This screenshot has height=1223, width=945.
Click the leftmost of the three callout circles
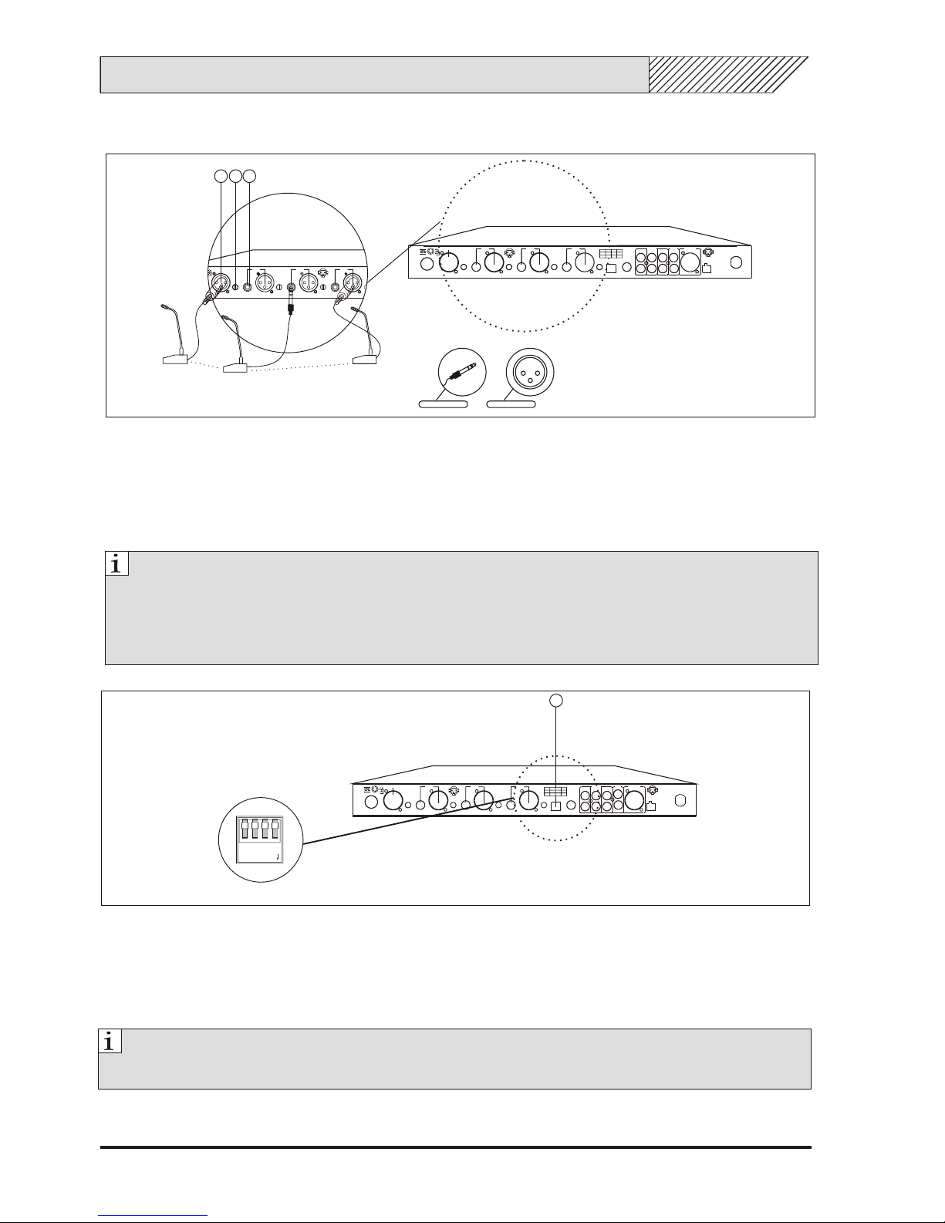pyautogui.click(x=221, y=176)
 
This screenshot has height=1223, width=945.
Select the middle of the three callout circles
pyautogui.click(x=236, y=176)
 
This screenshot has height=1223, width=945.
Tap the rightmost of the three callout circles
pyautogui.click(x=250, y=176)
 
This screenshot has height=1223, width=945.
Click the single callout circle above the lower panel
pyautogui.click(x=555, y=700)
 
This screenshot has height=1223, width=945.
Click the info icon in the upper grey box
pyautogui.click(x=117, y=563)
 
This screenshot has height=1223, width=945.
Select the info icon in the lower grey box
pyautogui.click(x=110, y=1041)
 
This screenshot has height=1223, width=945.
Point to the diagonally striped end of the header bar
pyautogui.click(x=728, y=74)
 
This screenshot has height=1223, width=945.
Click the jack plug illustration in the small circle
pyautogui.click(x=462, y=372)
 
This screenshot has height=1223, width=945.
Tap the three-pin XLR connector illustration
pyautogui.click(x=530, y=372)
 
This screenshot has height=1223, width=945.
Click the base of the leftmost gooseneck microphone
pyautogui.click(x=175, y=359)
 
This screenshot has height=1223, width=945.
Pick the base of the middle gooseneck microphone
pyautogui.click(x=236, y=368)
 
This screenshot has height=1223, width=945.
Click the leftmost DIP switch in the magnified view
pyautogui.click(x=245, y=829)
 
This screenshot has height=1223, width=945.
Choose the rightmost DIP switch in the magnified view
pyautogui.click(x=275, y=829)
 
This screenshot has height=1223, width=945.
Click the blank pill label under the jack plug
pyautogui.click(x=444, y=404)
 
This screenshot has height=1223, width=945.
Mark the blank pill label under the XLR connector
pyautogui.click(x=511, y=404)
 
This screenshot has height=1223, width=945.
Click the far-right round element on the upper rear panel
pyautogui.click(x=736, y=262)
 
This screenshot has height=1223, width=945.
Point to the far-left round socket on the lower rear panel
pyautogui.click(x=371, y=802)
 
